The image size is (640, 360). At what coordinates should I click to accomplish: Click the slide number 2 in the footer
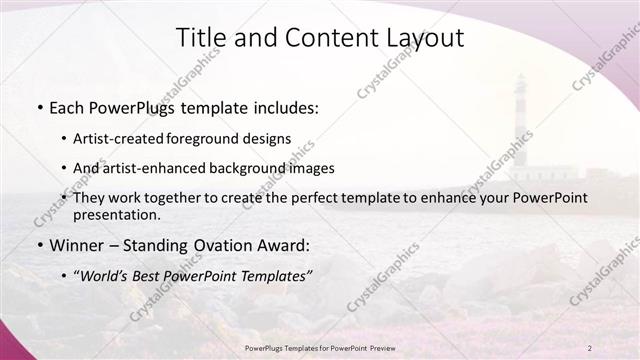(x=590, y=348)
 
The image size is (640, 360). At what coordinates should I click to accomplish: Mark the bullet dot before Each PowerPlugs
(x=38, y=107)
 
